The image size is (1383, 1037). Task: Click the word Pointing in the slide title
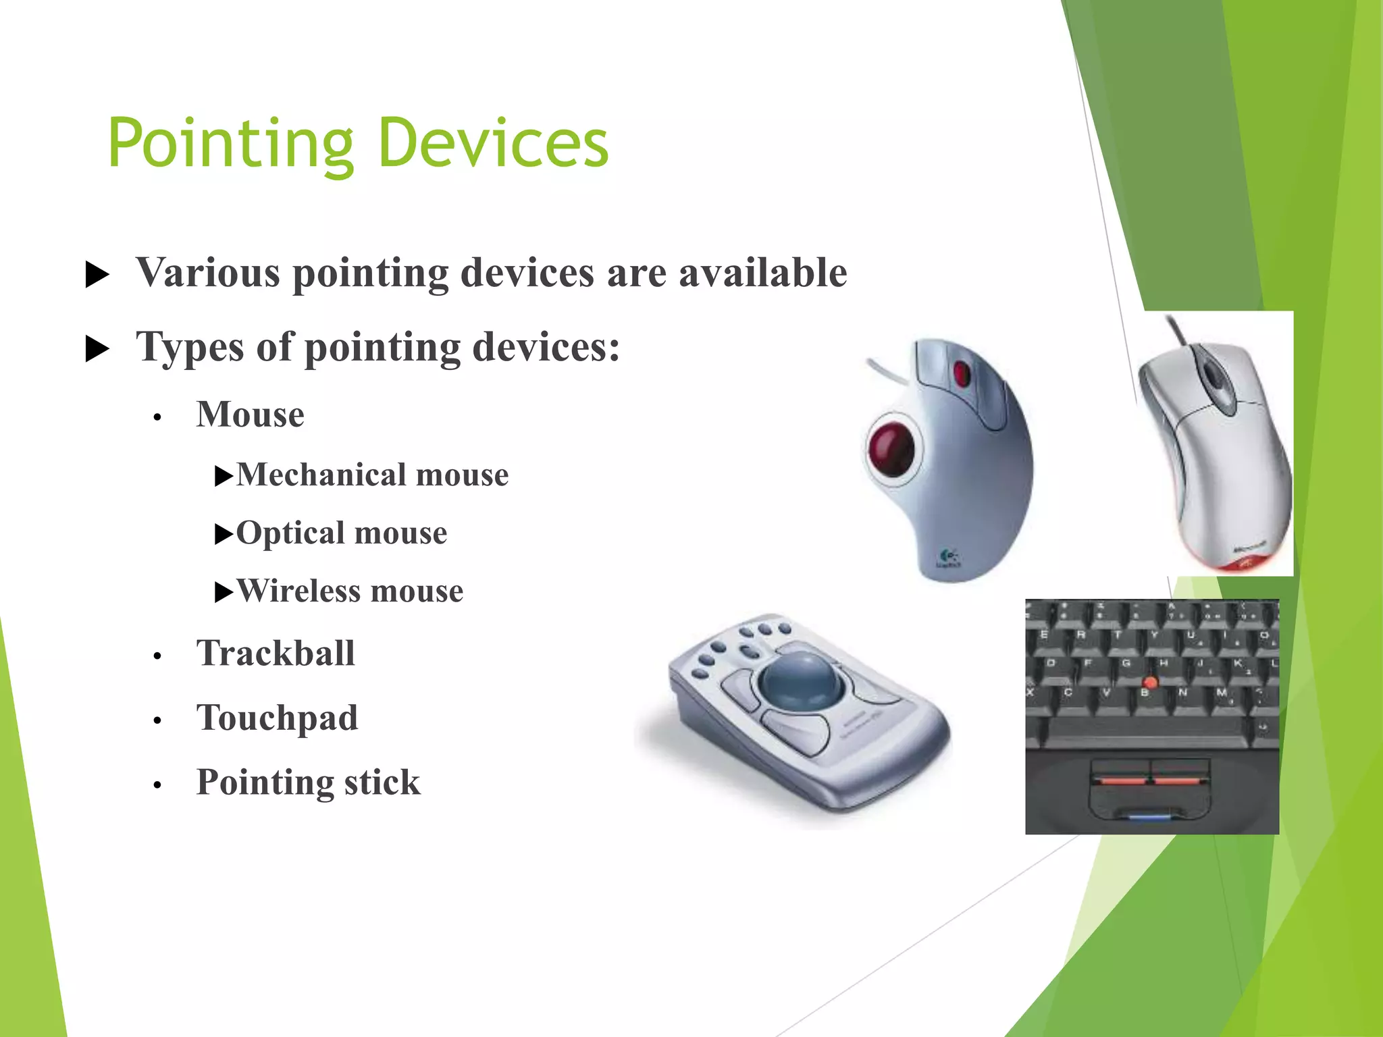coord(230,143)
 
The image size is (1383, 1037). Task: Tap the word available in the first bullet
coord(762,273)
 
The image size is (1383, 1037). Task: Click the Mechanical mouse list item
coord(371,475)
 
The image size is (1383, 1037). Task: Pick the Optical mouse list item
coord(341,533)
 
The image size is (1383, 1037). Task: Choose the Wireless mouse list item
coord(349,591)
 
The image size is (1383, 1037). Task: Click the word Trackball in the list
coord(276,653)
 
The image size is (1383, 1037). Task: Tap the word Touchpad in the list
coord(277,717)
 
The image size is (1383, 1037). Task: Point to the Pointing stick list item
coord(308,782)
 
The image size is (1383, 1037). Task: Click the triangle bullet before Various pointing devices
coord(97,275)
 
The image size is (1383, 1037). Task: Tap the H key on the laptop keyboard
coord(1163,664)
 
